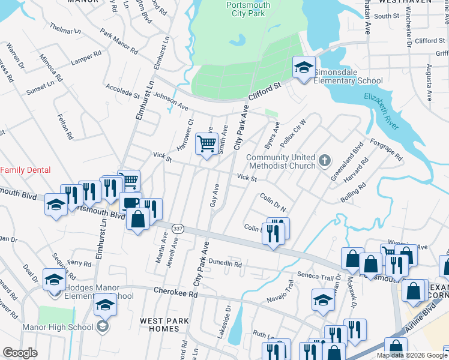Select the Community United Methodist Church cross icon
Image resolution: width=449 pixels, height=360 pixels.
325,160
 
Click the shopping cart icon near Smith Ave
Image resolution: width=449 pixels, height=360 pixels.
206,144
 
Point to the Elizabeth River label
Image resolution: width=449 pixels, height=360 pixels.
381,111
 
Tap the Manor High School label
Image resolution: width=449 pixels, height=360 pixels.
57,327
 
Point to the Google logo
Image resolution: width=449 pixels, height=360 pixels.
20,353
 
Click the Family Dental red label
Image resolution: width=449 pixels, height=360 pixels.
25,170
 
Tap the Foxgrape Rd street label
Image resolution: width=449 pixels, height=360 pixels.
386,151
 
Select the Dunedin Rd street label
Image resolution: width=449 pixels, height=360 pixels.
226,263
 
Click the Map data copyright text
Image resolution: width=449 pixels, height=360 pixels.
411,355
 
